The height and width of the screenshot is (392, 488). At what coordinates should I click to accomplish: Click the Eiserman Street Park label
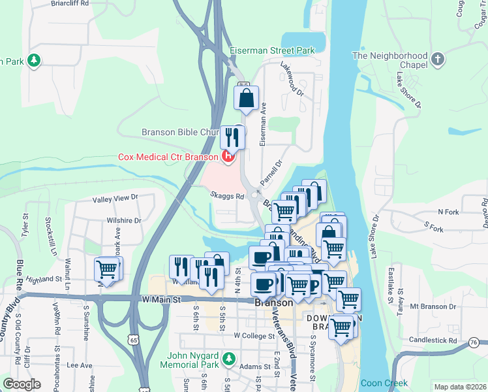[272, 50]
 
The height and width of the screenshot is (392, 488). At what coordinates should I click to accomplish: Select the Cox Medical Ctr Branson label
[168, 157]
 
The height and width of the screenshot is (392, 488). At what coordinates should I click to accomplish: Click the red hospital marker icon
[228, 157]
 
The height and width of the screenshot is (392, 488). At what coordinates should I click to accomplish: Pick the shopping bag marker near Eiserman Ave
[247, 99]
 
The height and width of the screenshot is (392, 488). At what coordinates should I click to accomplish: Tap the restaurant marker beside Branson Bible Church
[232, 137]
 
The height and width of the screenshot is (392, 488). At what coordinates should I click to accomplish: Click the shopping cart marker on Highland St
[107, 269]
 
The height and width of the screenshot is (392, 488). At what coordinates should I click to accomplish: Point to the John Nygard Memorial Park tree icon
[228, 359]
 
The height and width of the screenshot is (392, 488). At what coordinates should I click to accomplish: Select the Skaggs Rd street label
[227, 195]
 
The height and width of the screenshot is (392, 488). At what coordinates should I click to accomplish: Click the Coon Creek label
[384, 384]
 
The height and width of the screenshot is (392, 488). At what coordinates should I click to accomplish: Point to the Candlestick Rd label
[433, 341]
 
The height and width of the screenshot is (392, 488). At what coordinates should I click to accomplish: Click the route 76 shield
[474, 342]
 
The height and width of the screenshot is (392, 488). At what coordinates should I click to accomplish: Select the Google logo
[22, 384]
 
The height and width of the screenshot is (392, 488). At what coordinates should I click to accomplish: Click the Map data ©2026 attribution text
[460, 387]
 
